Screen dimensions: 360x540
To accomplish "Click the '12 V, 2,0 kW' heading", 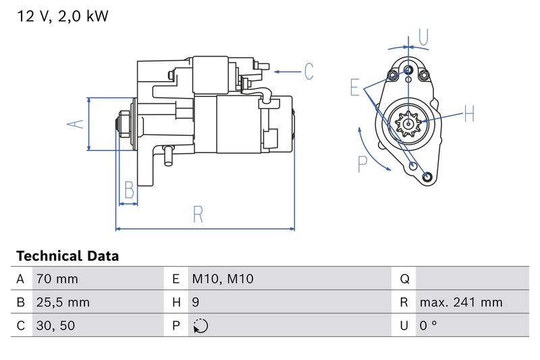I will (62, 16).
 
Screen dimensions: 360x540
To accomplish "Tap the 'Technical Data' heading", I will (67, 256).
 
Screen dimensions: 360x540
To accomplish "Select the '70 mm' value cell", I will (57, 279).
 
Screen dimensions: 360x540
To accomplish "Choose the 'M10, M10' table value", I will (223, 279).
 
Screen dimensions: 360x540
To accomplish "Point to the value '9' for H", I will (196, 303).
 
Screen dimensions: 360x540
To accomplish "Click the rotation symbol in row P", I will (200, 326).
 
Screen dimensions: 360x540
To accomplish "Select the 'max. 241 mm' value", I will (461, 303).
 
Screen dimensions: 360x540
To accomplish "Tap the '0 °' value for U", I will (428, 326).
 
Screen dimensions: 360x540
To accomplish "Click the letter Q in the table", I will (405, 279).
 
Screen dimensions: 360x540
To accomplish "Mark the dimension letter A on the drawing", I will (77, 124).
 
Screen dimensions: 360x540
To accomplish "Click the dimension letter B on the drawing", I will (129, 191).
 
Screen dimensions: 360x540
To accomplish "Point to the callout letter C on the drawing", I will (308, 71).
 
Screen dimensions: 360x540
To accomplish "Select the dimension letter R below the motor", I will (198, 214).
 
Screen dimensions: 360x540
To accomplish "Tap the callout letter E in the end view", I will (355, 87).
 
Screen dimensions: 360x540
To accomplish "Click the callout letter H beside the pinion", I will (469, 113).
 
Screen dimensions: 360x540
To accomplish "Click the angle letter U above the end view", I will (423, 37).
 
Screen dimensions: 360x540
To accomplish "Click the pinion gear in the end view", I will (408, 124).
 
